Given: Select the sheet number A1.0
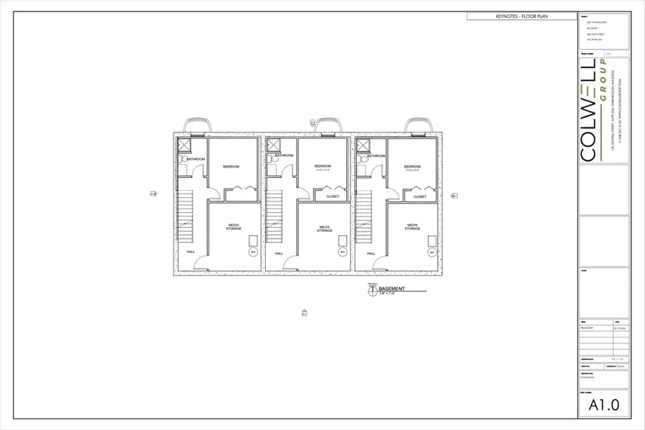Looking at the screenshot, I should (605, 406).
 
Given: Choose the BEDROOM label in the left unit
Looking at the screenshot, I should (231, 167).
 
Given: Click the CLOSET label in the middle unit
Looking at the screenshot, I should (333, 196).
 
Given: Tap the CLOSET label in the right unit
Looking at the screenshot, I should (420, 196).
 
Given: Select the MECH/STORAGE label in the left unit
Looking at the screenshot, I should (234, 226).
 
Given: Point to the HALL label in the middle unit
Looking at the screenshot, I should (279, 253).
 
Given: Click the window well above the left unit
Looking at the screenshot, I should (197, 126).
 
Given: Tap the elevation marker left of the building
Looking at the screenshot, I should (153, 193).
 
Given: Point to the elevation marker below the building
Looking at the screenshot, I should (304, 313).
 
